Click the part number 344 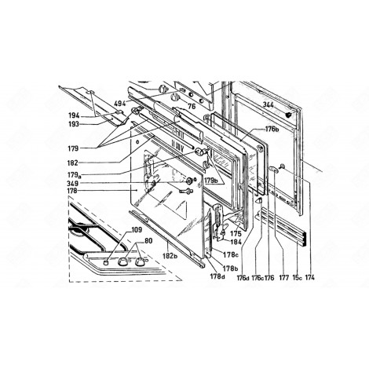(269, 104)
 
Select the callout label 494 (120, 103)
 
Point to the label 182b (163, 257)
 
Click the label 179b (210, 180)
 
